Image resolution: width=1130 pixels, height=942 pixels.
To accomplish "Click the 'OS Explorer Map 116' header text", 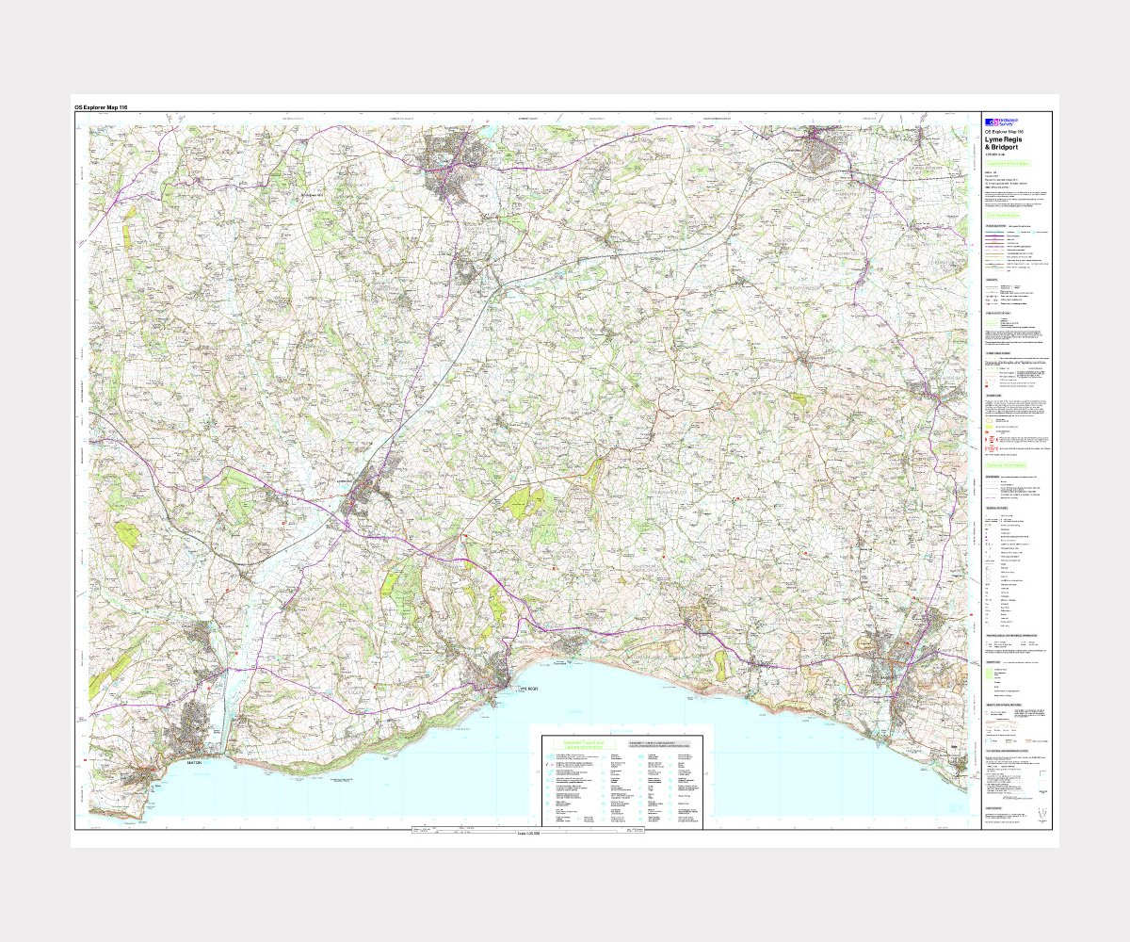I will coord(101,107).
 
